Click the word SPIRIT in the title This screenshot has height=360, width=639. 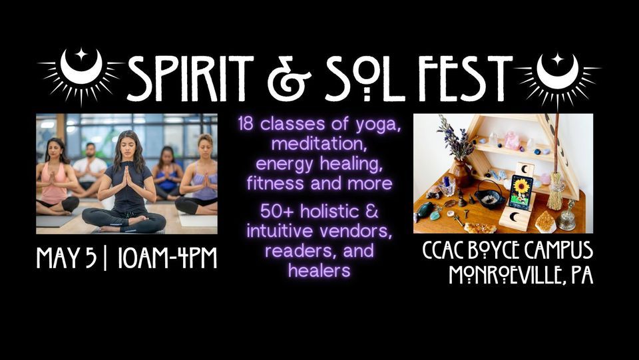coord(190,78)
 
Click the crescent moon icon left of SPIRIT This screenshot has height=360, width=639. coord(81,67)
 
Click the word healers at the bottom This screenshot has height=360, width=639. coord(319,270)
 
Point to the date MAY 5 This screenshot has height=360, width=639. coord(67,258)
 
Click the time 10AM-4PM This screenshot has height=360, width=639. coord(168,258)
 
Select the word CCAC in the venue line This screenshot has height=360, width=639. coord(443,250)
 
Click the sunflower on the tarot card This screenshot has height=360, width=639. coord(521,188)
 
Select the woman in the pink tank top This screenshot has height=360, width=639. coord(55,178)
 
